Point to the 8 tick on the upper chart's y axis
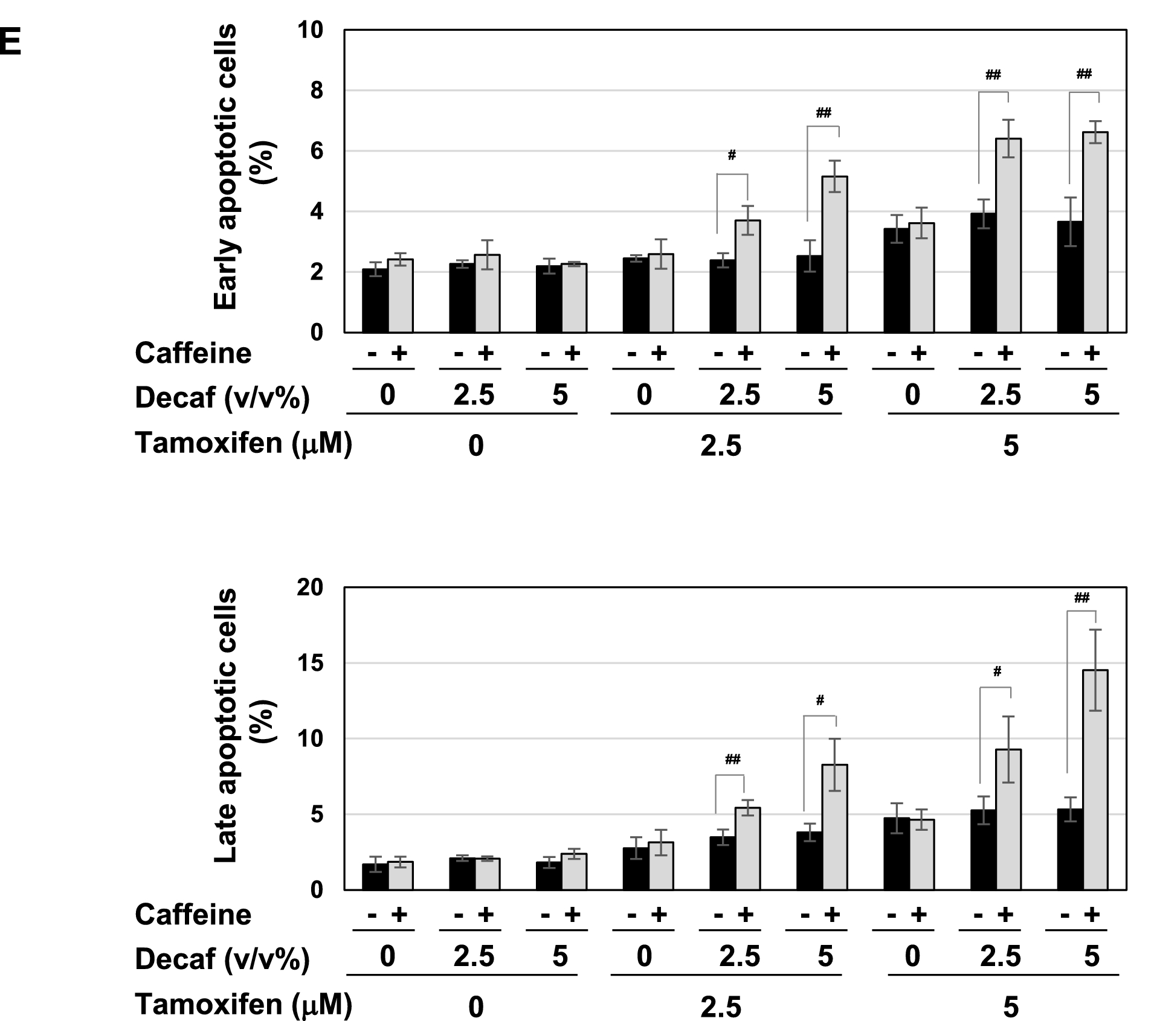[317, 91]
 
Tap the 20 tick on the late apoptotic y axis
[310, 587]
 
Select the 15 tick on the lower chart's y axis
[310, 664]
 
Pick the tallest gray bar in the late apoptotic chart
[1095, 779]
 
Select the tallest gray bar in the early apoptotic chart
[1095, 232]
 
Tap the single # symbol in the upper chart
[732, 156]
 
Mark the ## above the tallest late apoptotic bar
[1081, 598]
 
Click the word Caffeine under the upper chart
[193, 353]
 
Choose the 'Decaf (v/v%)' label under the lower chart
[222, 959]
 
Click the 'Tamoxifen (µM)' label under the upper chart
[243, 444]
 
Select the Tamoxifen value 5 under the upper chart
[1011, 446]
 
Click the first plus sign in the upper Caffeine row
[399, 353]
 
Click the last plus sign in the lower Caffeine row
[1091, 915]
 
